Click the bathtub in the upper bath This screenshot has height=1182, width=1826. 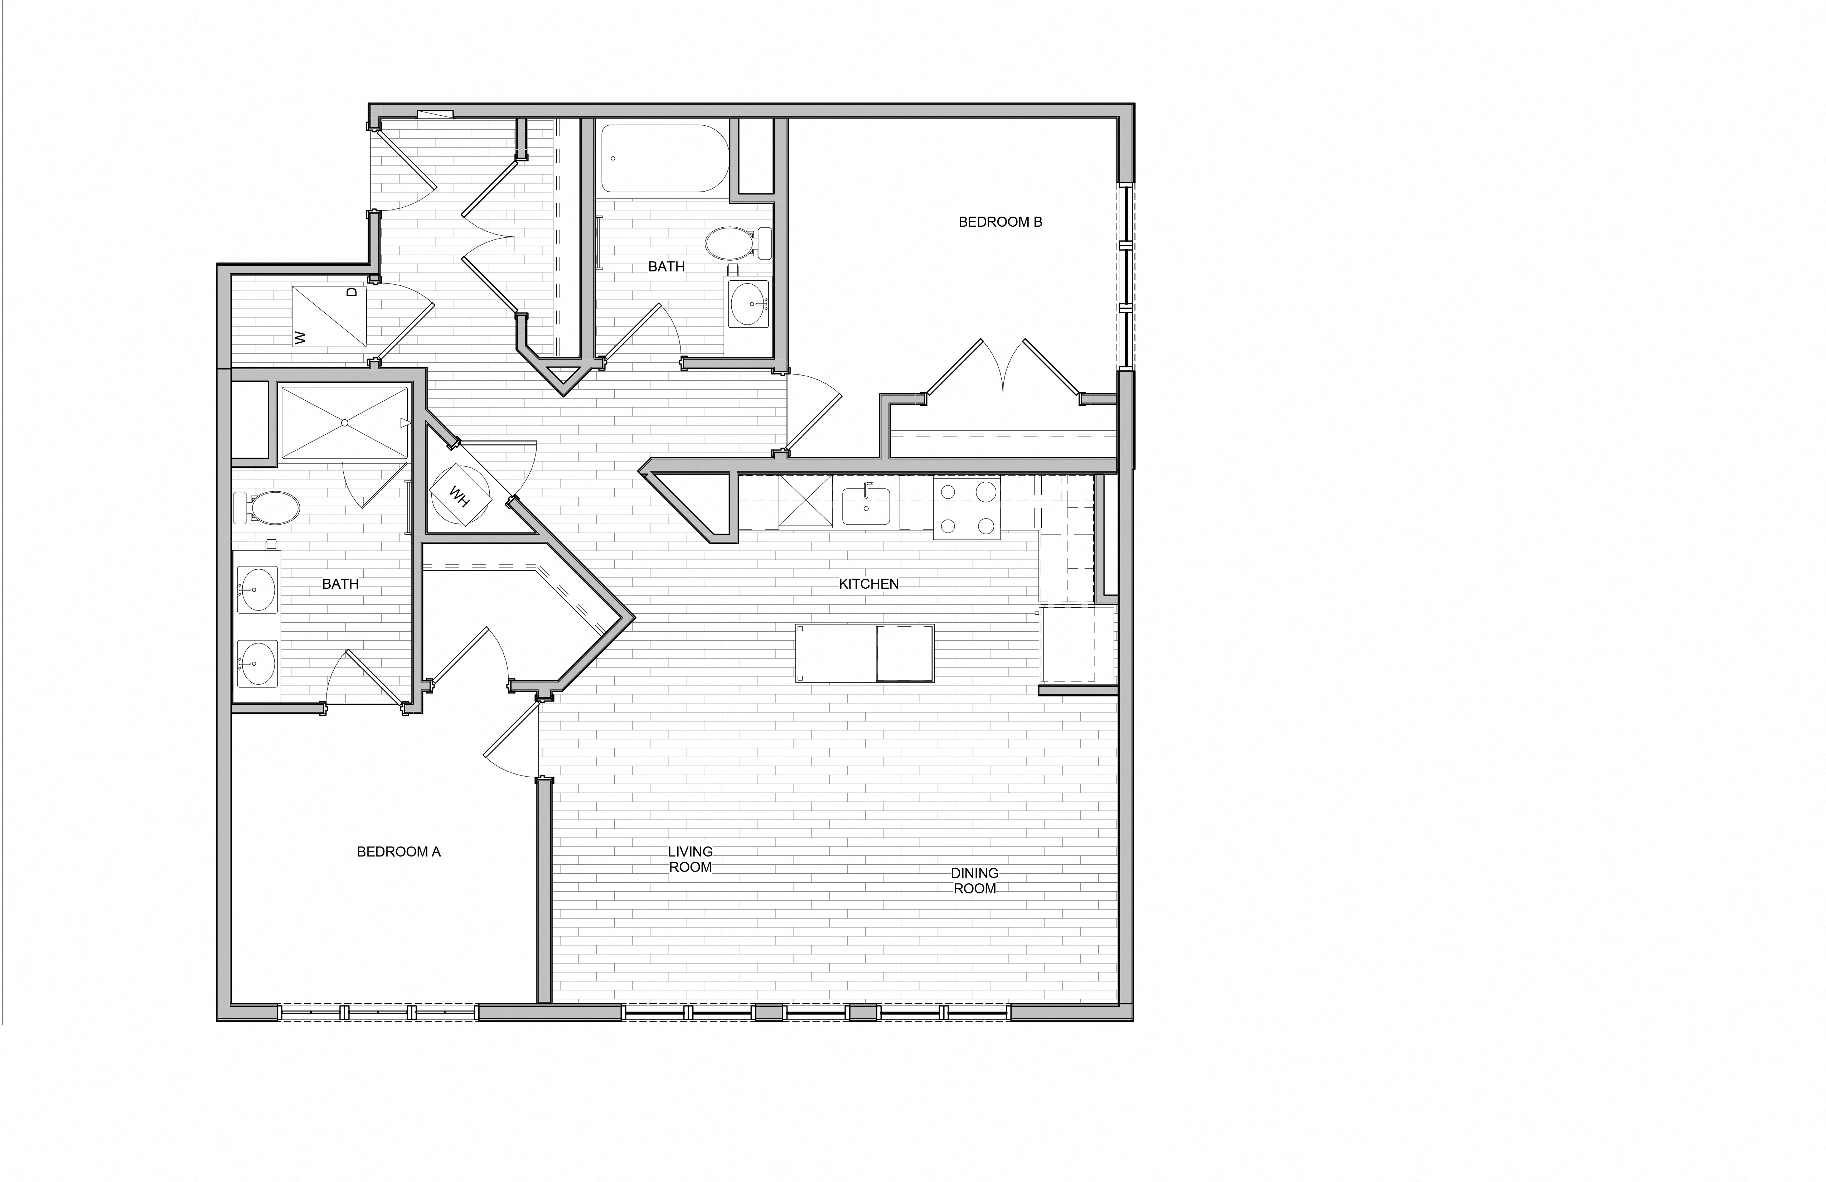664,159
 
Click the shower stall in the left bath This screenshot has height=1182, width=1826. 344,423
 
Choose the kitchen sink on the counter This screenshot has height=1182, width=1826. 866,507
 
